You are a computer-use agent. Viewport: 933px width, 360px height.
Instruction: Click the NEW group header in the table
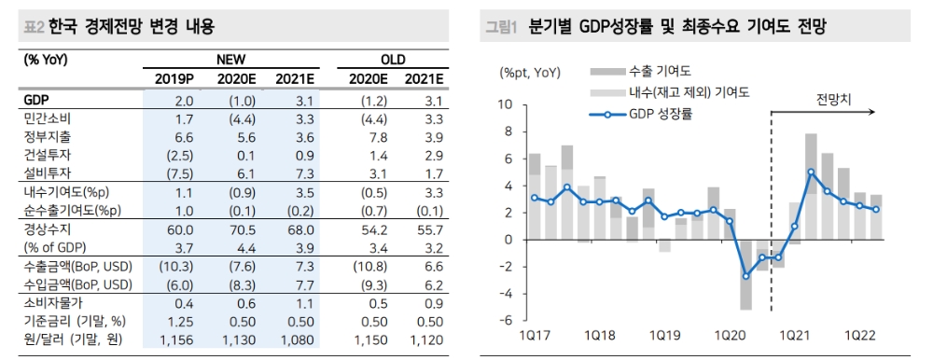(x=230, y=59)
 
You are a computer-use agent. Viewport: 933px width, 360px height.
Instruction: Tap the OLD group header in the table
(x=393, y=59)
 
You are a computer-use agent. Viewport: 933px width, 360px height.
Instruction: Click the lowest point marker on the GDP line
(x=745, y=276)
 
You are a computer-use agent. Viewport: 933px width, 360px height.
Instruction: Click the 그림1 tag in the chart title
(x=501, y=27)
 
